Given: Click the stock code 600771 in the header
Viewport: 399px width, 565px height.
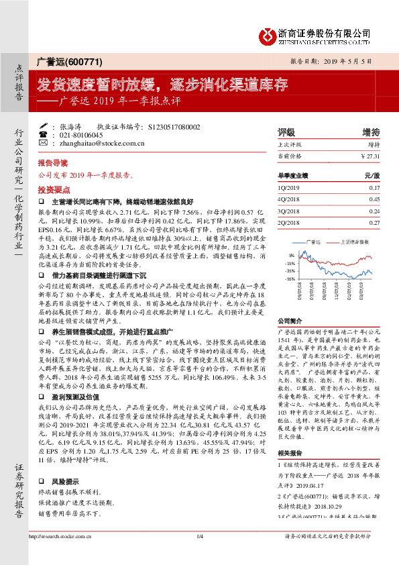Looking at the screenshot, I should click(x=86, y=62).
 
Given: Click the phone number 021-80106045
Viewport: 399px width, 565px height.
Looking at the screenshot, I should click(x=74, y=134).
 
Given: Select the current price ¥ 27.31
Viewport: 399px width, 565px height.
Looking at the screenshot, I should click(x=370, y=155).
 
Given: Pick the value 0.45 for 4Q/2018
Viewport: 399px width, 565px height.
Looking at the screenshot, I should click(x=374, y=199).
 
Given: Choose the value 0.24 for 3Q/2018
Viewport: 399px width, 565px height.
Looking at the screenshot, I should click(x=374, y=210).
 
